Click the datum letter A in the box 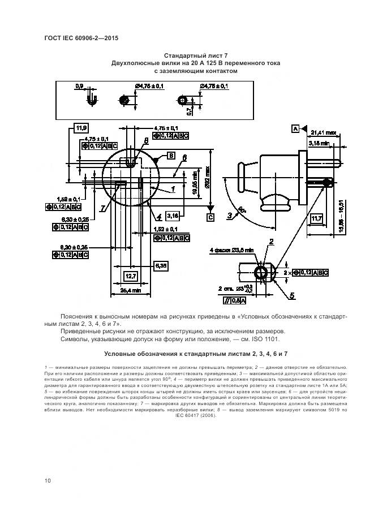295,128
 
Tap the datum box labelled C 210,217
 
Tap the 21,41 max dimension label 324,132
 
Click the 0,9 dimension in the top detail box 79,86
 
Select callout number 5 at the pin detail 292,295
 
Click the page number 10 48,480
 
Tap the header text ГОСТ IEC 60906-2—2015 85,38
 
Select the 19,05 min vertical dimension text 194,183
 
